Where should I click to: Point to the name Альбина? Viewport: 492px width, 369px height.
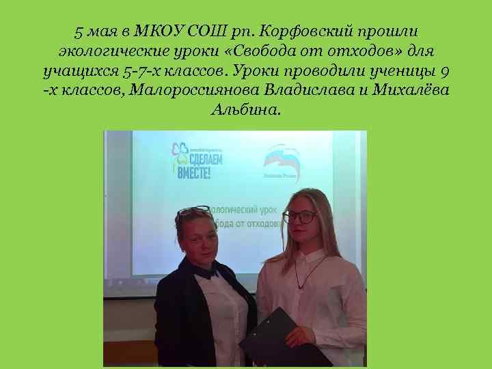tap(245, 110)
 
